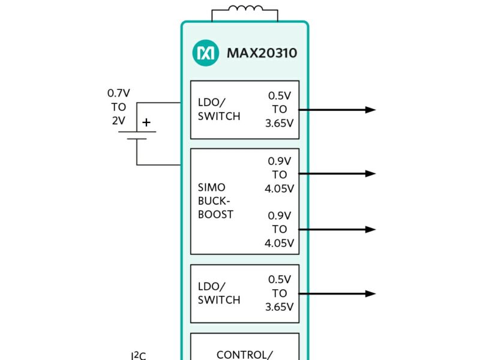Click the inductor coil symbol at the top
244,9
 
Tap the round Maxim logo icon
205,53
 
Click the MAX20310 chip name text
262,53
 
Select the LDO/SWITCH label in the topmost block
219,109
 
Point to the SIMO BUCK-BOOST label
215,201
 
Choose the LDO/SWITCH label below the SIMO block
219,293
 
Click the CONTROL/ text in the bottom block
244,355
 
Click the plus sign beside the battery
146,122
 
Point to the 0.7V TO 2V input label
118,107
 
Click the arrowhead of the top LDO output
370,110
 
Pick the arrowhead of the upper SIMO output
370,174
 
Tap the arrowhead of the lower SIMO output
370,229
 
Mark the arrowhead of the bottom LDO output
370,293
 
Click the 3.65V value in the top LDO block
279,124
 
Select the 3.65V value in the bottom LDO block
279,307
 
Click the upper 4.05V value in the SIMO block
279,188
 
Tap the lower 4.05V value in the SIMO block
279,243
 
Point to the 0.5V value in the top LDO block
280,95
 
